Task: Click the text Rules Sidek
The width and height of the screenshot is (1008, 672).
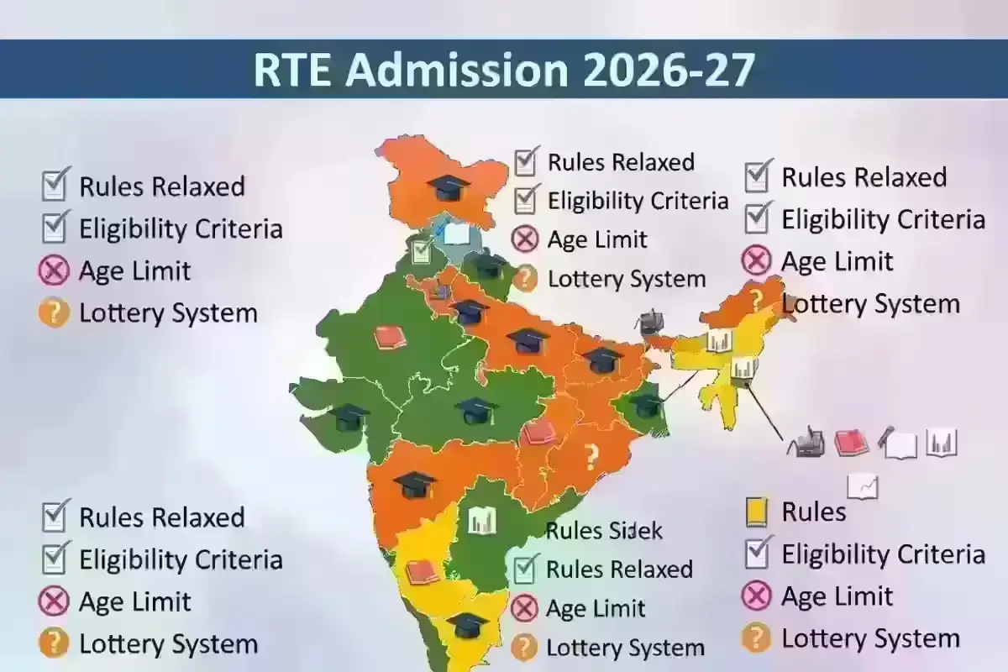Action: point(604,531)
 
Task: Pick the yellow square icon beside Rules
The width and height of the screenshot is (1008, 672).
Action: point(757,512)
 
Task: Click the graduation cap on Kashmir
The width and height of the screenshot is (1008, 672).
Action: point(448,186)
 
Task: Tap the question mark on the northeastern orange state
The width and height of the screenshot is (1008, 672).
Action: point(756,299)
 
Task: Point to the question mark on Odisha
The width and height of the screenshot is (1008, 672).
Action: point(591,457)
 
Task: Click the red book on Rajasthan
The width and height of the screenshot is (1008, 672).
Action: point(390,337)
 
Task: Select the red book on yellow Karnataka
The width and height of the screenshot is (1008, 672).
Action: point(422,572)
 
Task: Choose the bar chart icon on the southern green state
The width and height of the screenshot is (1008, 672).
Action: point(482,522)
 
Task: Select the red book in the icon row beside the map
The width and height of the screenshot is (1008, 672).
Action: point(852,443)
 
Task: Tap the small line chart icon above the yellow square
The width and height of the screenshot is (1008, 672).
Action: point(863,486)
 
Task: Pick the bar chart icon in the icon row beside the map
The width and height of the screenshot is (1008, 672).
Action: point(942,443)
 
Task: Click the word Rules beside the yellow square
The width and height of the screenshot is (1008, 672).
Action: point(813,512)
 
